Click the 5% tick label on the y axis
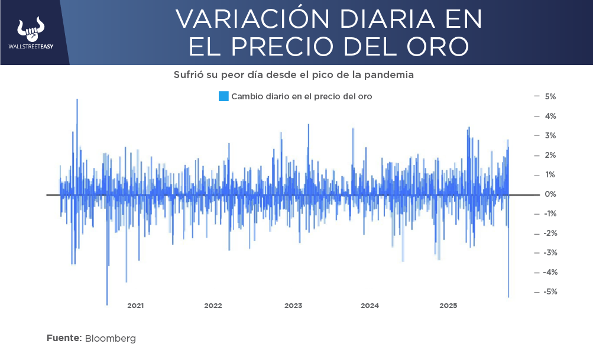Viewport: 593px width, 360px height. tap(550, 96)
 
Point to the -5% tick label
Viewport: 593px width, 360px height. tap(550, 292)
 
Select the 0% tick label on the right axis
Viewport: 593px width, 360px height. tap(550, 194)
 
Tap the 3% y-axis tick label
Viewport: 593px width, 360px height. tap(550, 135)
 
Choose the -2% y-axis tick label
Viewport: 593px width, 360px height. tap(550, 233)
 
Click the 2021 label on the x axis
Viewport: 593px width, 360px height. tap(135, 306)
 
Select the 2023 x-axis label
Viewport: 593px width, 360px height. tap(293, 306)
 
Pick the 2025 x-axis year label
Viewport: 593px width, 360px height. tap(448, 306)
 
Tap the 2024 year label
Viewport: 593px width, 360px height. tap(370, 306)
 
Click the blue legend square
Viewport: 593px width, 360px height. tap(223, 96)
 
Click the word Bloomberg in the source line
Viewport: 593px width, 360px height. tap(111, 339)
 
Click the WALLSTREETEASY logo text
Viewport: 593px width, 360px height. tap(31, 47)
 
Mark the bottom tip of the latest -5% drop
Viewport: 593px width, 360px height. tap(508, 297)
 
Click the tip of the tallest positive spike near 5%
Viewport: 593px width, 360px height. tap(77, 99)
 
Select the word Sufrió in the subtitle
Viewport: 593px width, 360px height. tap(189, 75)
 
